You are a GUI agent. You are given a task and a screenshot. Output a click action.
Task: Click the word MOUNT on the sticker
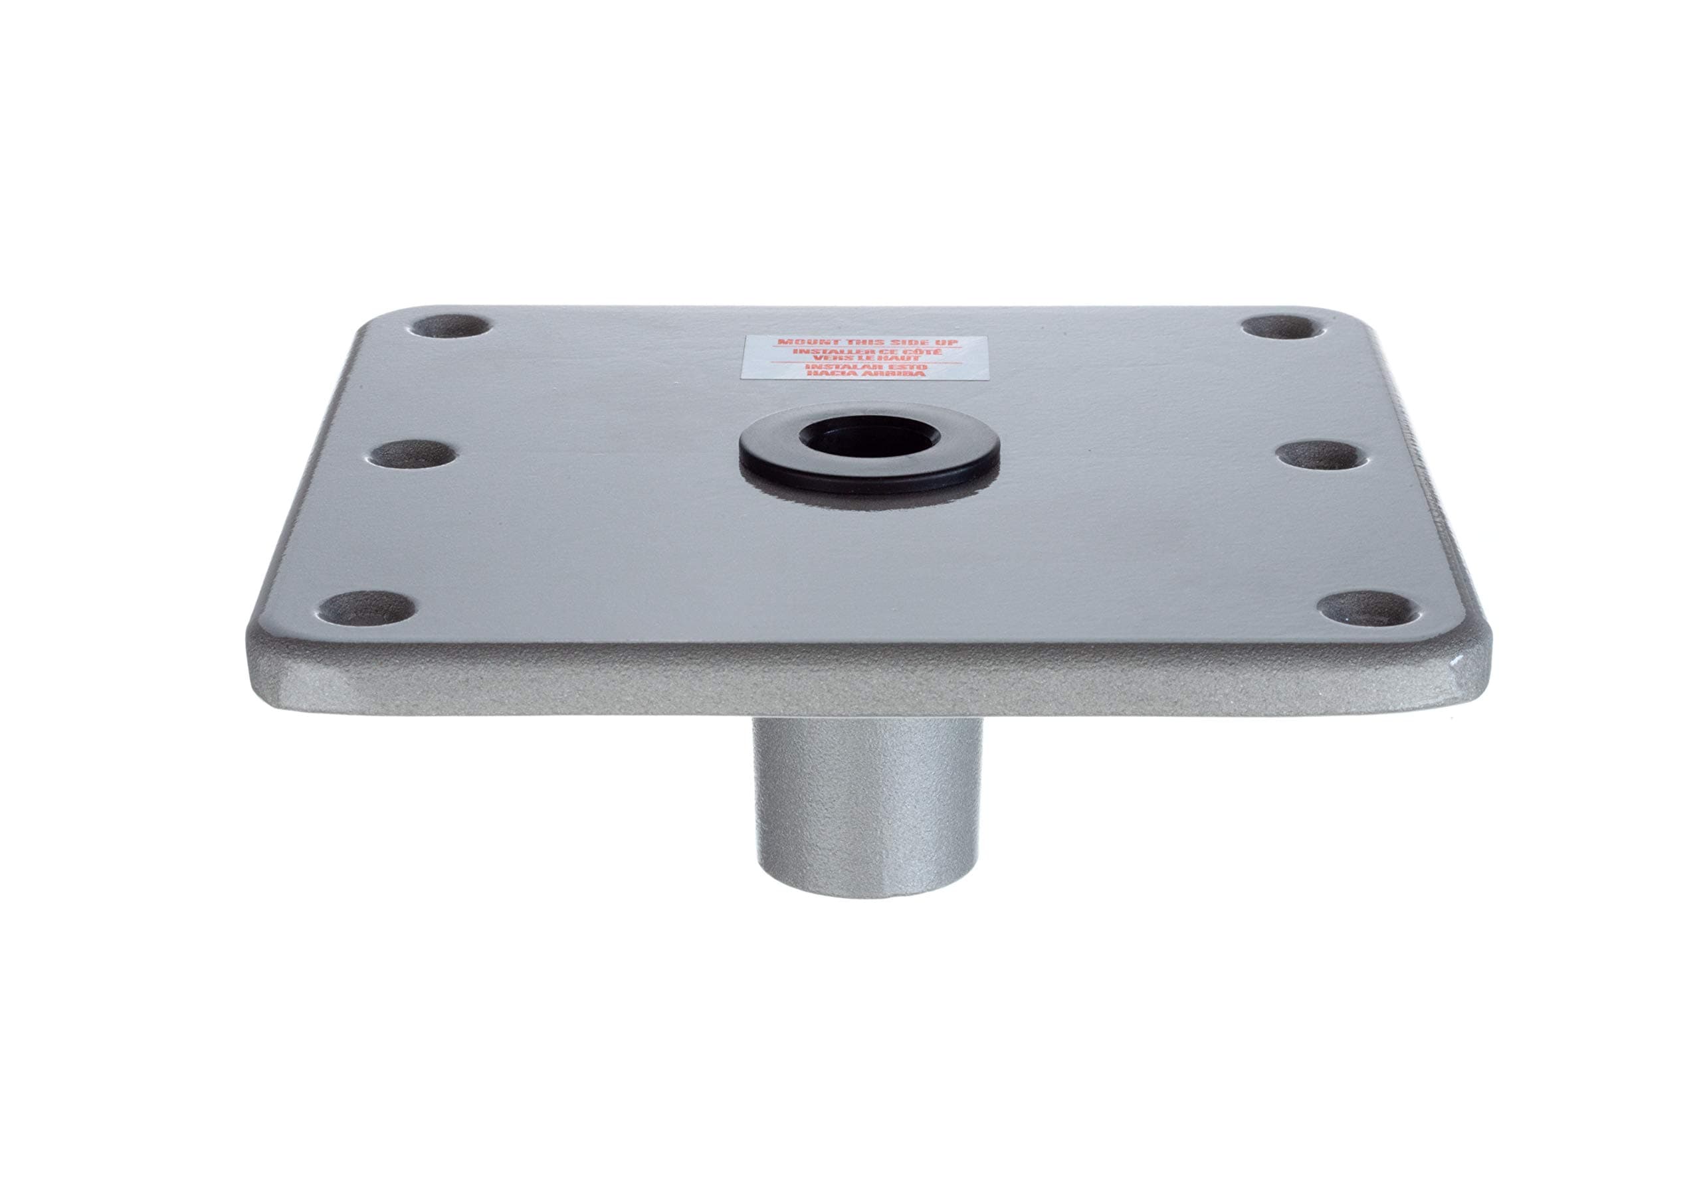[x=807, y=344]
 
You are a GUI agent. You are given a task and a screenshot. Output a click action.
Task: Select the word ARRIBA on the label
[x=894, y=374]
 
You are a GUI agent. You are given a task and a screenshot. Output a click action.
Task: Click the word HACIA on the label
[x=833, y=374]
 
